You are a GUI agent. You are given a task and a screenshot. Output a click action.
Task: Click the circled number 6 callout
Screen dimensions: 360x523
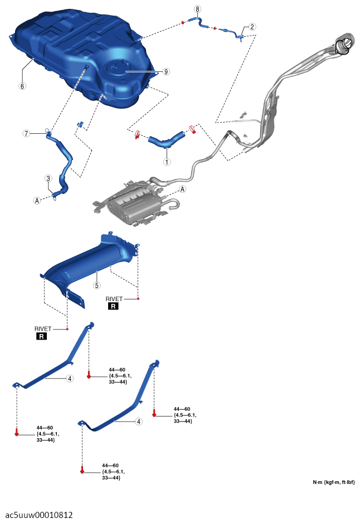tap(22, 86)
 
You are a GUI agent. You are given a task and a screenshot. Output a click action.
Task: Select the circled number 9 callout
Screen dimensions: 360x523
tap(166, 71)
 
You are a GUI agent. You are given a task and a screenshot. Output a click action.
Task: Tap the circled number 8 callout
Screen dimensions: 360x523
tap(198, 9)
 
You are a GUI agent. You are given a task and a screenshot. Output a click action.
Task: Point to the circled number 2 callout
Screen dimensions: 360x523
tap(252, 27)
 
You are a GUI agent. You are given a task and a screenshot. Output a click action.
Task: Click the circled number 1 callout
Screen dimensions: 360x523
tap(167, 162)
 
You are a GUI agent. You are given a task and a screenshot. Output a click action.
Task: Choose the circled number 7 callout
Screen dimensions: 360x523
tap(26, 133)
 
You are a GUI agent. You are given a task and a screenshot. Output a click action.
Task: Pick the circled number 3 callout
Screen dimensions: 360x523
tap(48, 178)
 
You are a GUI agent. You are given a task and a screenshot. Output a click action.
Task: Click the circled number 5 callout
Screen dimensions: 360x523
tap(96, 285)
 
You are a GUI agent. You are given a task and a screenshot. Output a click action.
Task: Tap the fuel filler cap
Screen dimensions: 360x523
tap(344, 45)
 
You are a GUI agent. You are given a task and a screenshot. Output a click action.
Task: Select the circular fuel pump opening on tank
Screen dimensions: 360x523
tap(119, 69)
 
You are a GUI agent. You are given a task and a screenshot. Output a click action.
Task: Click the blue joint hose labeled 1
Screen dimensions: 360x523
tap(166, 140)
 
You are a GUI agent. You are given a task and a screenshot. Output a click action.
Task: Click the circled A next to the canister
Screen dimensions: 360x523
tap(182, 189)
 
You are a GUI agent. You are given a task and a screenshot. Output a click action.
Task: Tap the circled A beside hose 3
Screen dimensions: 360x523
tap(37, 201)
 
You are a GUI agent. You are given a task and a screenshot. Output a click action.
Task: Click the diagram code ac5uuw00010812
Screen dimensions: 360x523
tap(39, 515)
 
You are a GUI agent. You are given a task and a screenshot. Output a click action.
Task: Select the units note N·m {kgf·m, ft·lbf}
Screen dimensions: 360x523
tap(334, 482)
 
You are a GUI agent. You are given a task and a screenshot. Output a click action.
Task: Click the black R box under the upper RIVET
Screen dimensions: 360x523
tap(113, 306)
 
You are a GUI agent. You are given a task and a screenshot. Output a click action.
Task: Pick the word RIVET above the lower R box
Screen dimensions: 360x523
tap(43, 329)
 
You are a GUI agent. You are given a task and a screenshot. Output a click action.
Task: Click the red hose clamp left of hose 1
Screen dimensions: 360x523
tap(137, 134)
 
